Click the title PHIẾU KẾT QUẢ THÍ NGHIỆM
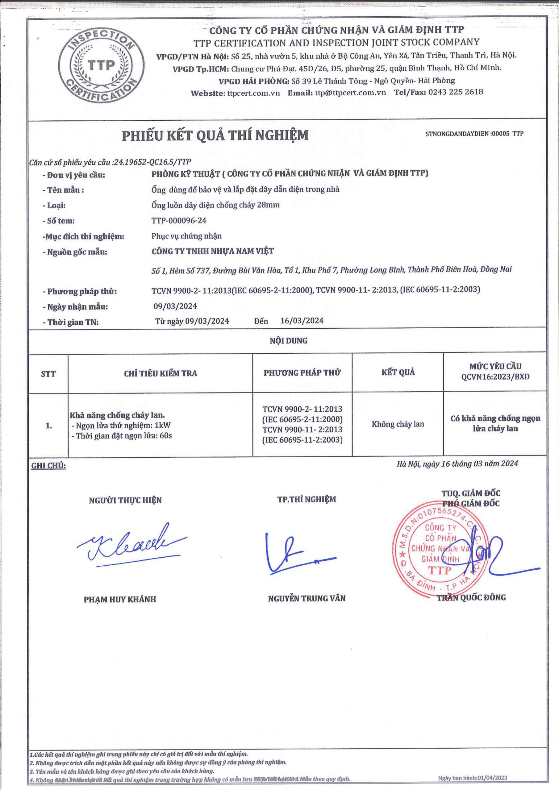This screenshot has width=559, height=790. [215, 135]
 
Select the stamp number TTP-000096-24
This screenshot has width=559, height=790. [179, 221]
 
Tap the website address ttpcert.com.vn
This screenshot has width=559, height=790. [253, 93]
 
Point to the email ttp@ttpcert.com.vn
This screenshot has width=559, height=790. [350, 92]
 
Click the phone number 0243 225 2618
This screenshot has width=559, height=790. [455, 92]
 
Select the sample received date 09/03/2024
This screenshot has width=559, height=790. [175, 306]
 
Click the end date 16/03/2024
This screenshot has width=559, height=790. [302, 321]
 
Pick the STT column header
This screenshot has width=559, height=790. [48, 374]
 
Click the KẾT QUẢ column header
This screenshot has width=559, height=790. [398, 372]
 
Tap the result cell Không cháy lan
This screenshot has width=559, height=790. [398, 424]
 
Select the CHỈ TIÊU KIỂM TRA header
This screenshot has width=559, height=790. [161, 373]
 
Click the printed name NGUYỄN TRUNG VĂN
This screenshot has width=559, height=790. [306, 598]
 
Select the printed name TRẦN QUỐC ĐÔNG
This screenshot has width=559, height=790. [471, 598]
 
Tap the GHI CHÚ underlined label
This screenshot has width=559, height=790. [48, 466]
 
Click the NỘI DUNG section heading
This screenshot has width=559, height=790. [288, 341]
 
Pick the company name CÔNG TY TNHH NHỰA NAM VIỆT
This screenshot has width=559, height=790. [212, 251]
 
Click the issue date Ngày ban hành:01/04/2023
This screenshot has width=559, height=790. [472, 778]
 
